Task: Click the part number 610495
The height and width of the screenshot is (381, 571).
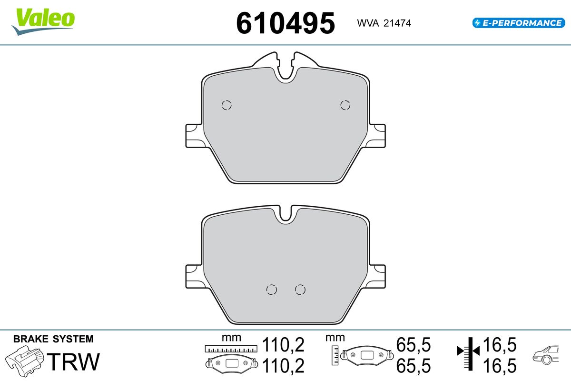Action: point(285,23)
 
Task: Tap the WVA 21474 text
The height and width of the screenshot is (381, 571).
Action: point(384,23)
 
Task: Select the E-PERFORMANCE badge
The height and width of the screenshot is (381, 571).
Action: point(519,23)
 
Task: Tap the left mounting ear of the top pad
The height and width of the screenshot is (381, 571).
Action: point(194,136)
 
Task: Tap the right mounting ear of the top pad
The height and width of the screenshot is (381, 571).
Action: point(377,136)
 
